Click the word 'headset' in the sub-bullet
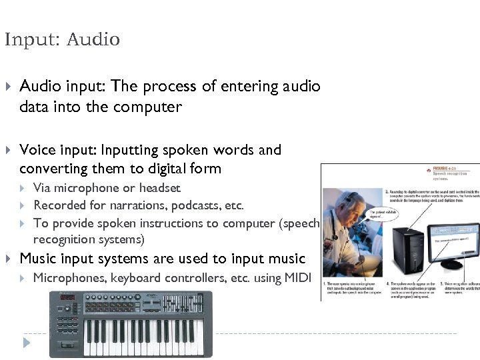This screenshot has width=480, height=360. (157, 188)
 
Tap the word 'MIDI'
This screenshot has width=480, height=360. (297, 277)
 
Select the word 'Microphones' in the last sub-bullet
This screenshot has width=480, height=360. (67, 277)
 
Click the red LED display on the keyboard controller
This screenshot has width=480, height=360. (67, 297)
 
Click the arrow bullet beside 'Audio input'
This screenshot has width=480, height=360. (8, 86)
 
